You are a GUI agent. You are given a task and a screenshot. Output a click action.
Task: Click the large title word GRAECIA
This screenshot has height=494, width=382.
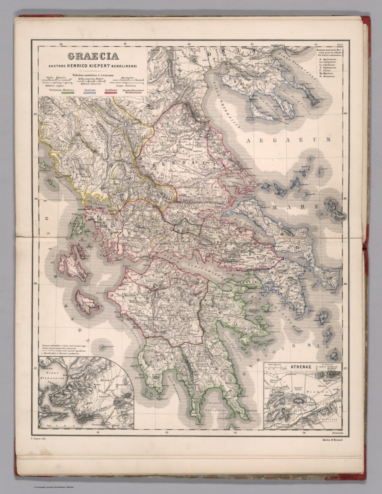point(93,56)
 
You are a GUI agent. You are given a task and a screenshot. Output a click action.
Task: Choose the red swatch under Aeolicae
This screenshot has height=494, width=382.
point(111,93)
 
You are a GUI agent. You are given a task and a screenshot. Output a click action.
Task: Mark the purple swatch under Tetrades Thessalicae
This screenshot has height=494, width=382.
point(133,93)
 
